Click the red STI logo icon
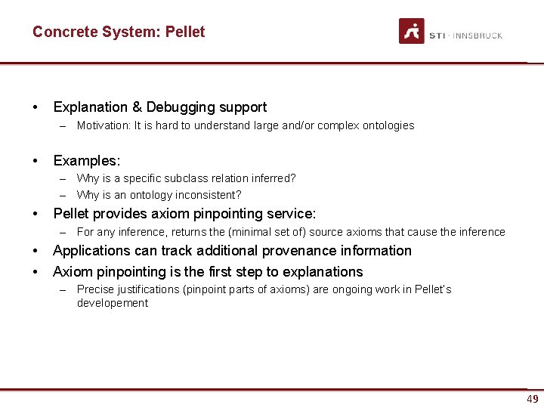[412, 31]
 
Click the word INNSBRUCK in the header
[478, 36]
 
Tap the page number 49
[533, 399]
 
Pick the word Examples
[86, 160]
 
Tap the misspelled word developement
[113, 303]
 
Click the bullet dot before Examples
[36, 160]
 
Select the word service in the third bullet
[292, 214]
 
